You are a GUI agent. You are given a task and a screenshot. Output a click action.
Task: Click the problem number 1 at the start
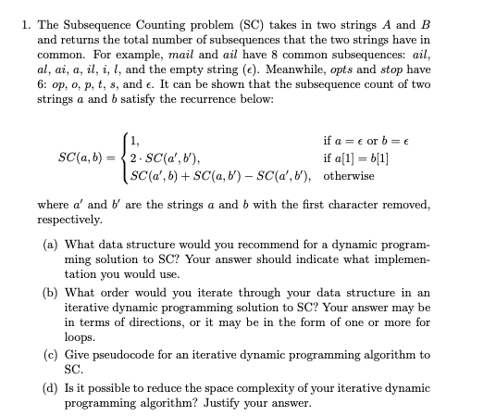25,13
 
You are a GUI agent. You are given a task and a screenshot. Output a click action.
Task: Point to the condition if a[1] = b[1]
355,158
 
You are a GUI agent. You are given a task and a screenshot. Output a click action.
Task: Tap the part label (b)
51,291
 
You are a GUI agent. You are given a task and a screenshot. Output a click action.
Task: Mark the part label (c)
51,353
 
